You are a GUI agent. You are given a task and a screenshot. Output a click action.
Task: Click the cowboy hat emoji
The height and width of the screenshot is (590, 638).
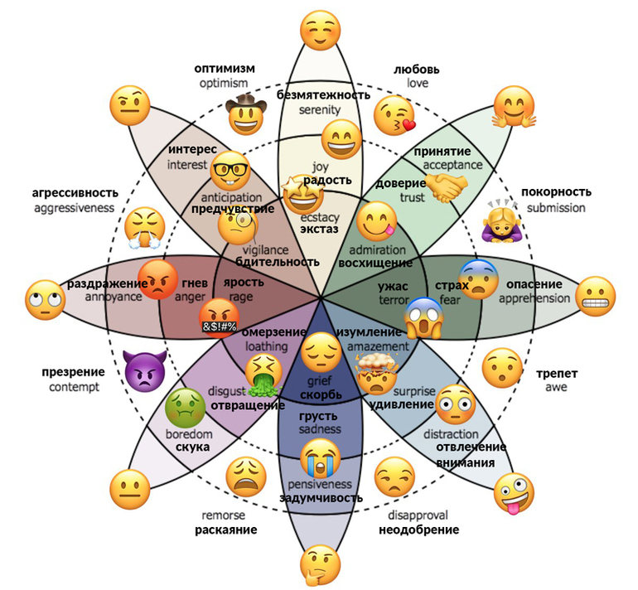(x=245, y=114)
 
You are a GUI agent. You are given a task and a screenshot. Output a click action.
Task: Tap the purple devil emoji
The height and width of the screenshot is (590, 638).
(x=142, y=370)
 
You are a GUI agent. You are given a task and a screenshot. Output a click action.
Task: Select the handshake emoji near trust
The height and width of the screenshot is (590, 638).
(x=449, y=188)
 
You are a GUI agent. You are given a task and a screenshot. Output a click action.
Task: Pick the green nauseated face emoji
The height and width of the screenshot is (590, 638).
(x=185, y=409)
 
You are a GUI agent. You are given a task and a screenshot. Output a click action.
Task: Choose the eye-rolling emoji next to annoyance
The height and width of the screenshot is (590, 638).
(x=46, y=300)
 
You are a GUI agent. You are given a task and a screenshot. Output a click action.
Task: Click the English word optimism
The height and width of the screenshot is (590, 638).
(x=224, y=84)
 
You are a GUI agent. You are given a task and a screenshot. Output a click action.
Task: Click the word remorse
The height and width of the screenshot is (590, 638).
(x=223, y=515)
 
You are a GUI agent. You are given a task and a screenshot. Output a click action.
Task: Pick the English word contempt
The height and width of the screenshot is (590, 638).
(x=74, y=387)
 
